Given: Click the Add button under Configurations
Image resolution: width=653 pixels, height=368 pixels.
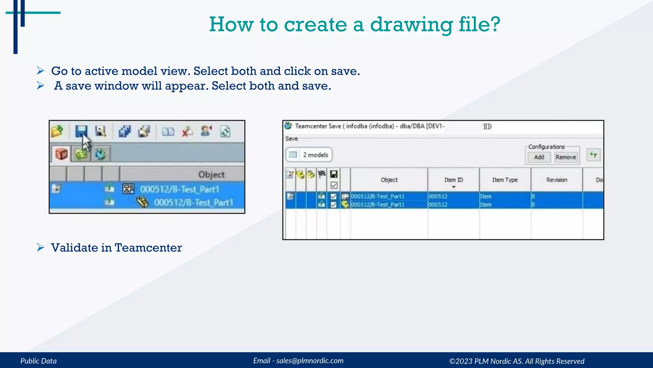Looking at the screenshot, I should coord(539,157).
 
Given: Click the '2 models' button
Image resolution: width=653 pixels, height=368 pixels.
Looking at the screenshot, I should coord(309,155).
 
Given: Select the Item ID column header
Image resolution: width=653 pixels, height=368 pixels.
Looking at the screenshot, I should coord(453,180).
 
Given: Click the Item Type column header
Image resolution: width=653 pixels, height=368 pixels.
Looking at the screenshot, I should coord(505,180).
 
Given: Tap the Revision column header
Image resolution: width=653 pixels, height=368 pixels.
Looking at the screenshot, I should coord(557,180).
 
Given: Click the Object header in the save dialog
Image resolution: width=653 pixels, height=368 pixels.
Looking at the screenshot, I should coord(389,180).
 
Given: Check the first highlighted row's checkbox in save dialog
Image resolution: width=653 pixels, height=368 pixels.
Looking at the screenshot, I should coord(334,196).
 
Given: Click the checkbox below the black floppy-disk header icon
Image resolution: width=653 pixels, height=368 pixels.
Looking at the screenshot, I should coord(334,185).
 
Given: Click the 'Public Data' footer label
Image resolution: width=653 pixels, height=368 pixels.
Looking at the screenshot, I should coord(39,361).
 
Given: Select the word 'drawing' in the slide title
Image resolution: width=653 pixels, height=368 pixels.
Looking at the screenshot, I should coord(411,25).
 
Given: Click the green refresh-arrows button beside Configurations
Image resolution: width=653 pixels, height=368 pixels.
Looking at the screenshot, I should coord(593,155).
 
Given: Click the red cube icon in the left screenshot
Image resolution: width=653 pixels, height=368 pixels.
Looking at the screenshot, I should coord(62,154).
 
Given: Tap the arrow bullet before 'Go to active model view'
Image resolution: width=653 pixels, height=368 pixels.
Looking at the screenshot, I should coord(40,71).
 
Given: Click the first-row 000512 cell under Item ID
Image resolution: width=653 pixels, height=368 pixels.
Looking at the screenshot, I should coord(438,196).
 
